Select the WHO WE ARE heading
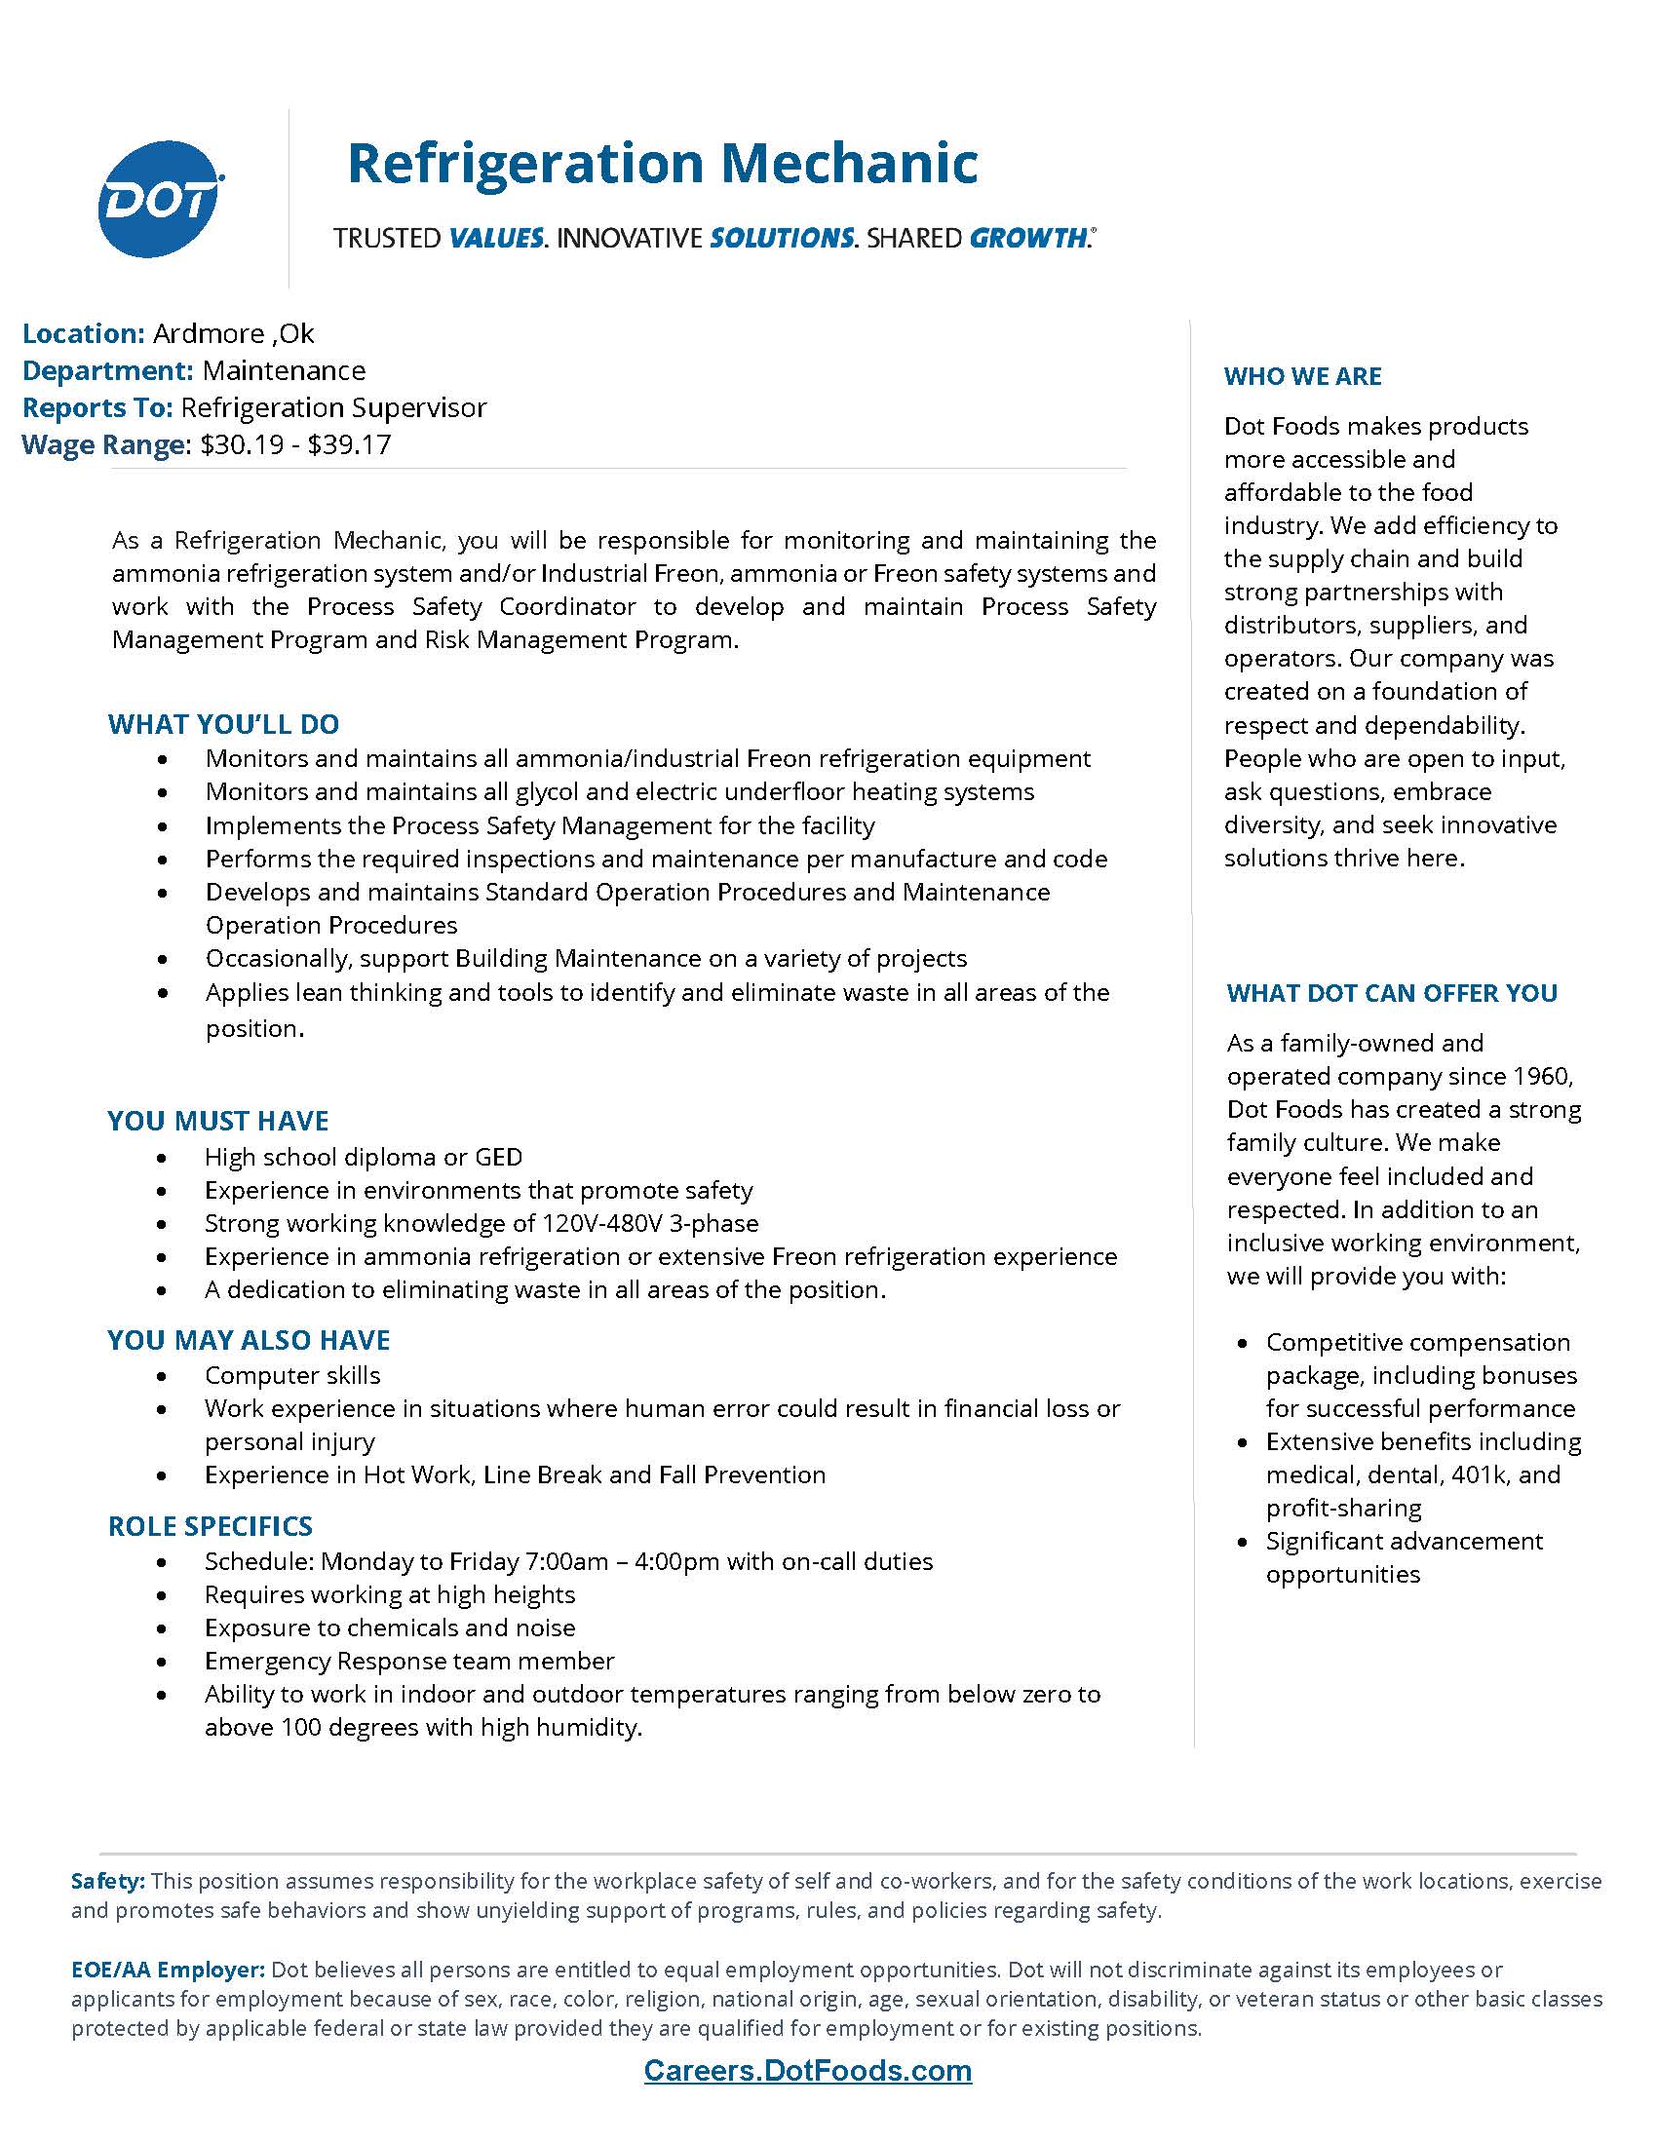point(1301,376)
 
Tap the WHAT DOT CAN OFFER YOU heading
point(1391,992)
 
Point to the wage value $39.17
point(350,444)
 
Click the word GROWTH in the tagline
point(1027,238)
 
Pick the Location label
point(84,333)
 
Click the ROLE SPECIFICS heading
point(211,1525)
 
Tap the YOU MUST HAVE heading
point(218,1121)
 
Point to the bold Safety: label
point(108,1881)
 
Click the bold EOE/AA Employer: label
point(168,1970)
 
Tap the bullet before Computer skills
point(162,1376)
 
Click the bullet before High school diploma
point(162,1159)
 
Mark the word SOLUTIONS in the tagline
point(782,238)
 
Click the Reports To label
point(97,407)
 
